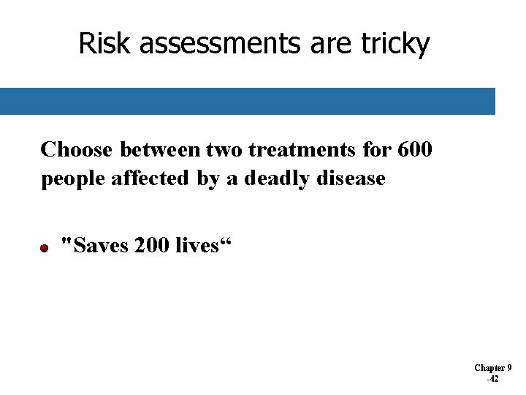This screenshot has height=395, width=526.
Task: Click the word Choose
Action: click(77, 150)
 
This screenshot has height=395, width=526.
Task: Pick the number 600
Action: click(414, 150)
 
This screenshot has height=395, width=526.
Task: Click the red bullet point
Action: click(45, 249)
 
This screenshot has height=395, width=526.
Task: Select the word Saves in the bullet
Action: click(100, 245)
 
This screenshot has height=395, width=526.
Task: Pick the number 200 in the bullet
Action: click(154, 245)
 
